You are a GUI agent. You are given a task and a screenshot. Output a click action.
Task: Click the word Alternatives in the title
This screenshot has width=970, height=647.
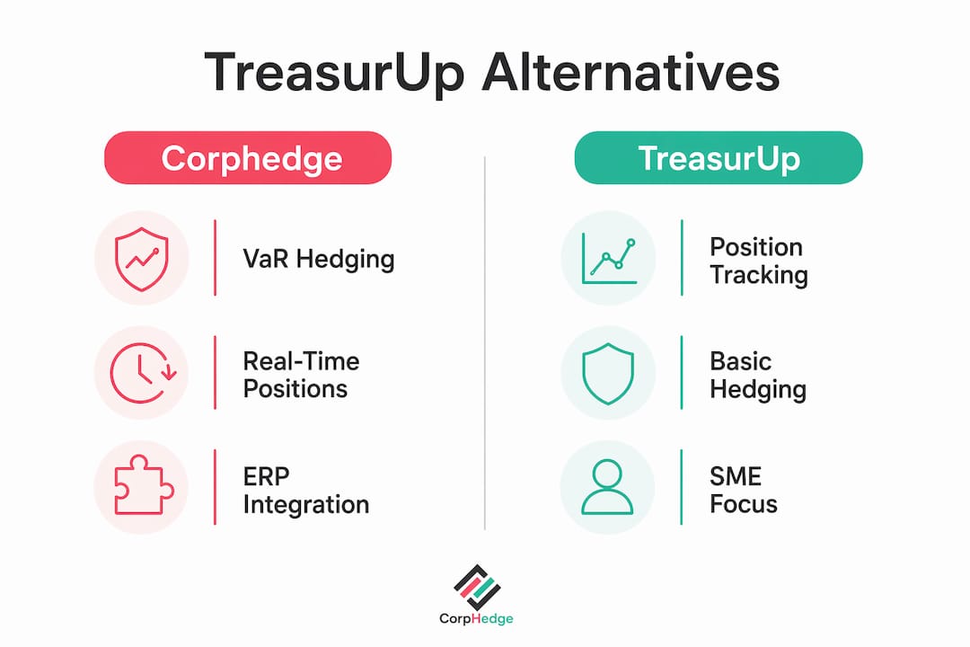point(630,72)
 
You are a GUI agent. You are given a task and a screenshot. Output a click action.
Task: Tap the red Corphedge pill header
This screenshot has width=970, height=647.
point(248,157)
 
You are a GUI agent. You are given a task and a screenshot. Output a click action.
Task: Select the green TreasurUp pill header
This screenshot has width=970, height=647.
point(719,157)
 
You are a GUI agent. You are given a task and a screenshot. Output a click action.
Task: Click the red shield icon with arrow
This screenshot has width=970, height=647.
point(142,259)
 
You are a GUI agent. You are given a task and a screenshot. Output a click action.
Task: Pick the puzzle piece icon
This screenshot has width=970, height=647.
point(144,484)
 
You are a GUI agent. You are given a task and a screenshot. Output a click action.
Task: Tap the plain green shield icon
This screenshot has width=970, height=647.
point(608,373)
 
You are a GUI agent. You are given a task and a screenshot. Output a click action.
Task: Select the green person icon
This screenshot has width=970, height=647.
point(607,487)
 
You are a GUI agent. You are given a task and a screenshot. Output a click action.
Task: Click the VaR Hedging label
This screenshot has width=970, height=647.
point(319,260)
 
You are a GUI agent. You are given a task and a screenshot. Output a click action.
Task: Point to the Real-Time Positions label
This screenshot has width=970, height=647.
point(301,375)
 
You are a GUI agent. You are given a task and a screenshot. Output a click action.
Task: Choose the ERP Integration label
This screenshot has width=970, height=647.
point(305,491)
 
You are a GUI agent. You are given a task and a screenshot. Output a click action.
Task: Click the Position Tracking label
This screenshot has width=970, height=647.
point(758,261)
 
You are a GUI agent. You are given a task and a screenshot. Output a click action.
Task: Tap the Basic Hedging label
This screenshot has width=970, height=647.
point(758,376)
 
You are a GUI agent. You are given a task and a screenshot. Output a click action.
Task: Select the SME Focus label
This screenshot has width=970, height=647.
point(743,490)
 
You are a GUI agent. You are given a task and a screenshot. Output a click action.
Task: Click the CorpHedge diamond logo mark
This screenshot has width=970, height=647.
point(477,586)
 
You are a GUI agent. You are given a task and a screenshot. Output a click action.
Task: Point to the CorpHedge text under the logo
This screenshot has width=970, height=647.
point(476,618)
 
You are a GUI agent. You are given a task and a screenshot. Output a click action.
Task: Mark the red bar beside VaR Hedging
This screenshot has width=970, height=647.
point(215,258)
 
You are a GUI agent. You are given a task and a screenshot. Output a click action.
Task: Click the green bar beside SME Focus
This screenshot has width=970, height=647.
point(681,487)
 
